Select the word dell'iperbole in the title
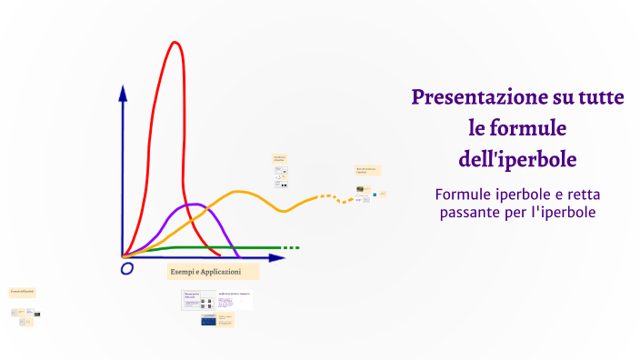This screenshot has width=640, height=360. [x=517, y=158]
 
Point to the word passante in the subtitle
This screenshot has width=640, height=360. [x=471, y=213]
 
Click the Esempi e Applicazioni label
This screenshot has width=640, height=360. [x=205, y=272]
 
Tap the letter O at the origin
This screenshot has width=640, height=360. [x=127, y=268]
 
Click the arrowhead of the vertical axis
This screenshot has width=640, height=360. [x=123, y=92]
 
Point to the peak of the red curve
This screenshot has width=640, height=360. [x=174, y=43]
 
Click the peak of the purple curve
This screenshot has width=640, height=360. [x=192, y=205]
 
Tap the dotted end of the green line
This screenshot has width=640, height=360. [x=289, y=247]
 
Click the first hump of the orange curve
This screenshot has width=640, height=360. [x=240, y=192]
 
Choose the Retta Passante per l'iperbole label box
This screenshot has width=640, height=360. [x=367, y=170]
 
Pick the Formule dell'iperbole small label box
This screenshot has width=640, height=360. [x=22, y=291]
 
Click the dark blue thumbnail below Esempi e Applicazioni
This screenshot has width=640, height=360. [x=208, y=320]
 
